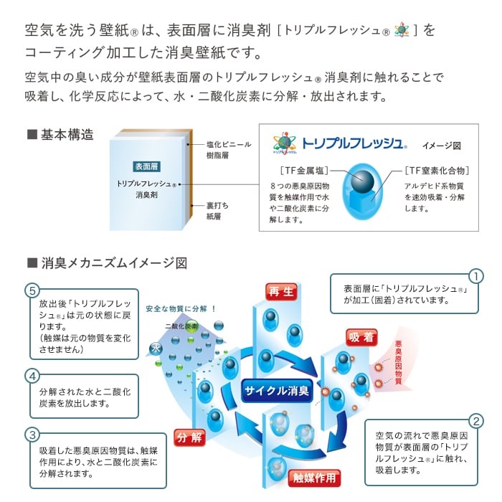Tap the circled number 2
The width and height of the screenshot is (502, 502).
click(475, 421)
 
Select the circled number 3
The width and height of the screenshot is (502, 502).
click(32, 435)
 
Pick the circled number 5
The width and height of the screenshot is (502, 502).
click(32, 290)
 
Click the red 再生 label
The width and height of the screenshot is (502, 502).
click(280, 291)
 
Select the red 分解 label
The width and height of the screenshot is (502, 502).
click(189, 437)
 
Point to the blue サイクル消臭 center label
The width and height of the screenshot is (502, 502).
click(276, 391)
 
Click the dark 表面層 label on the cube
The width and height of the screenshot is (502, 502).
click(146, 166)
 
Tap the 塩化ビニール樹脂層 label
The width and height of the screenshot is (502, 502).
click(227, 148)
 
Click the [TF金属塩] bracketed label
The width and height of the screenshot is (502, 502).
click(303, 171)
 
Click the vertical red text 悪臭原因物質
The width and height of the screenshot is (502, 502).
click(398, 362)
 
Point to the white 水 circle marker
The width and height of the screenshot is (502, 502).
click(153, 348)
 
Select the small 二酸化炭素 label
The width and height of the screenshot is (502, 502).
click(181, 326)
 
